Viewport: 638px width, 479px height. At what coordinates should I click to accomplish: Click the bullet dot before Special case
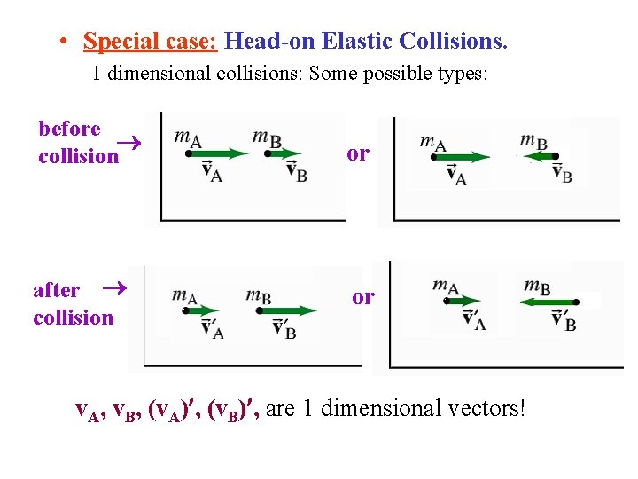click(65, 42)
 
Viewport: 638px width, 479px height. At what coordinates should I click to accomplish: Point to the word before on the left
click(69, 130)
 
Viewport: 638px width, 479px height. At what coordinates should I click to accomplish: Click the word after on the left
click(56, 290)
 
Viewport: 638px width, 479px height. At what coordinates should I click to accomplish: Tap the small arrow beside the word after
click(111, 288)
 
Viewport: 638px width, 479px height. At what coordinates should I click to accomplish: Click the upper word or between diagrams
click(358, 153)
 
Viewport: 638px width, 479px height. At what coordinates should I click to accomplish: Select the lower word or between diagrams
click(363, 297)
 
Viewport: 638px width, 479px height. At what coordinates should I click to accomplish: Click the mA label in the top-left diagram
click(187, 137)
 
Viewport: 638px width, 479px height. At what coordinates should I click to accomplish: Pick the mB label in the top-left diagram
click(267, 137)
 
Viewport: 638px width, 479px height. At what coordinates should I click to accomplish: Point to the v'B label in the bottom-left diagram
click(284, 330)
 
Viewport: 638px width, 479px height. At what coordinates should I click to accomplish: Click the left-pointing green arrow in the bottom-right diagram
click(547, 302)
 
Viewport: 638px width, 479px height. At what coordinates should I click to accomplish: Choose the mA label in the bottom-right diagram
click(446, 287)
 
